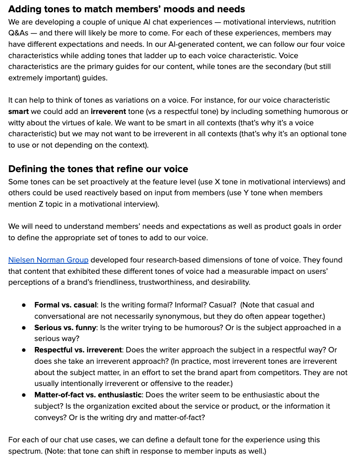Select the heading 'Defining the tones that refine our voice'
click(x=98, y=169)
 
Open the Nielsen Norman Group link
click(x=48, y=260)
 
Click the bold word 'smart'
click(x=19, y=111)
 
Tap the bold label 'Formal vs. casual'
click(x=65, y=305)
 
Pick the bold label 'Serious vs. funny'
click(x=65, y=327)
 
